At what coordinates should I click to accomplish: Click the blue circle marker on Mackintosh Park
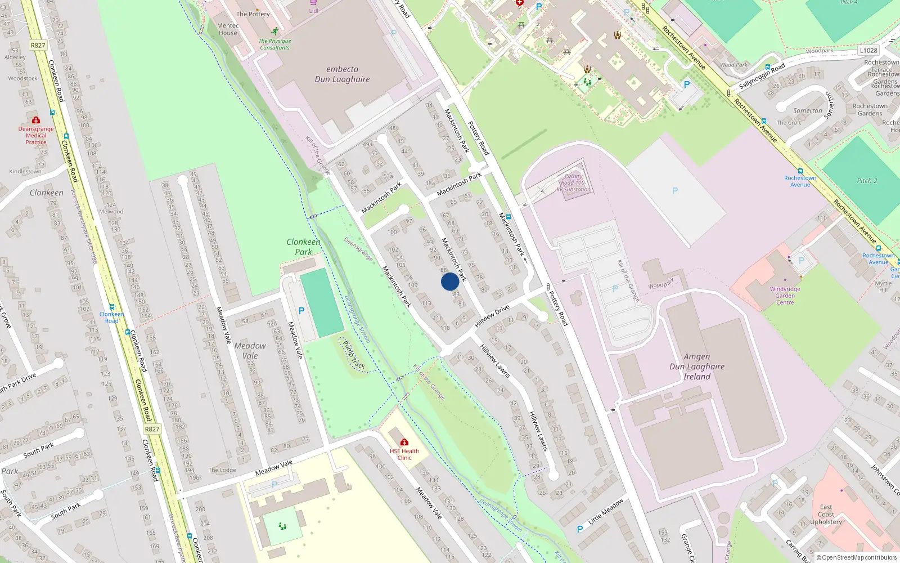pyautogui.click(x=449, y=281)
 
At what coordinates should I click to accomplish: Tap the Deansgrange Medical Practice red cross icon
pyautogui.click(x=36, y=120)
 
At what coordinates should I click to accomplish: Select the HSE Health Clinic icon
pyautogui.click(x=404, y=443)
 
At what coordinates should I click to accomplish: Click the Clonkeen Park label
pyautogui.click(x=303, y=247)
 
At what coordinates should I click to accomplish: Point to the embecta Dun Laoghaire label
pyautogui.click(x=342, y=74)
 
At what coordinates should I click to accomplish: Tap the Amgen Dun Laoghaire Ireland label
pyautogui.click(x=697, y=367)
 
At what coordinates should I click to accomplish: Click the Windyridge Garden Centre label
pyautogui.click(x=785, y=296)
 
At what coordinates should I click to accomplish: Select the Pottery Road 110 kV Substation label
pyautogui.click(x=574, y=183)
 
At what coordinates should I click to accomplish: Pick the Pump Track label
pyautogui.click(x=354, y=355)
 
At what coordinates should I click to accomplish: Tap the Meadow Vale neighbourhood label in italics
pyautogui.click(x=250, y=351)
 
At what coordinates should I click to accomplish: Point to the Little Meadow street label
pyautogui.click(x=606, y=512)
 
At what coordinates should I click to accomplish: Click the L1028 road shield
pyautogui.click(x=868, y=51)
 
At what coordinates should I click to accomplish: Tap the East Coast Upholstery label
pyautogui.click(x=826, y=515)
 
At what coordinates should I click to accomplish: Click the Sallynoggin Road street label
pyautogui.click(x=762, y=76)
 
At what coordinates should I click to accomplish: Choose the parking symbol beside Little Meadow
pyautogui.click(x=580, y=529)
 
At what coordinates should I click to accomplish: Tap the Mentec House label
pyautogui.click(x=228, y=29)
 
